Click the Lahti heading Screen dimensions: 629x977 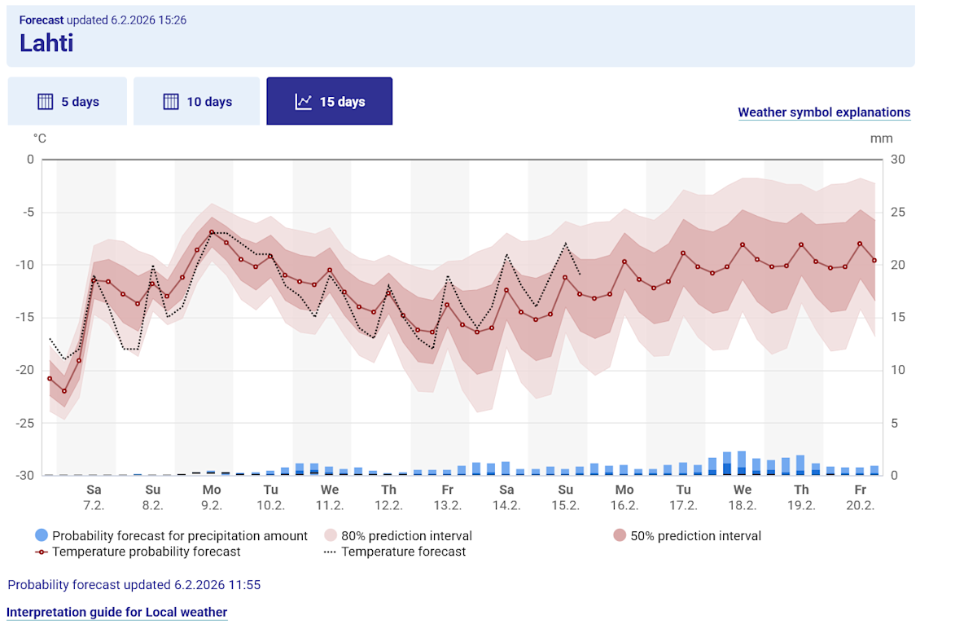[46, 42]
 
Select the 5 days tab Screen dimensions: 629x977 [68, 102]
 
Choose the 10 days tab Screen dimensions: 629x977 [197, 102]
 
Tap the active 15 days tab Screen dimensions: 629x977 [330, 102]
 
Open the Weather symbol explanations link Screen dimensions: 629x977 [824, 112]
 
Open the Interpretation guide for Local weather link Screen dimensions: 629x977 [116, 612]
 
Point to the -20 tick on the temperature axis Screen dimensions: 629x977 [25, 370]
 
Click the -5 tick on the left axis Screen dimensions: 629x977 [28, 212]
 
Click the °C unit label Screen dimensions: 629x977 [39, 139]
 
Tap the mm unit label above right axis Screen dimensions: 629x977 [881, 139]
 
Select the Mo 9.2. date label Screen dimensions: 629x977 [212, 497]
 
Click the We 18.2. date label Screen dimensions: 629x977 [743, 497]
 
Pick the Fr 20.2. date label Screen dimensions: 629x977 [860, 497]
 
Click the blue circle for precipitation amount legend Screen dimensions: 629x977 [42, 535]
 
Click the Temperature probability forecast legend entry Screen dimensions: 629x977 [147, 552]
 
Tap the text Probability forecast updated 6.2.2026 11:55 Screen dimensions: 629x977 [134, 585]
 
